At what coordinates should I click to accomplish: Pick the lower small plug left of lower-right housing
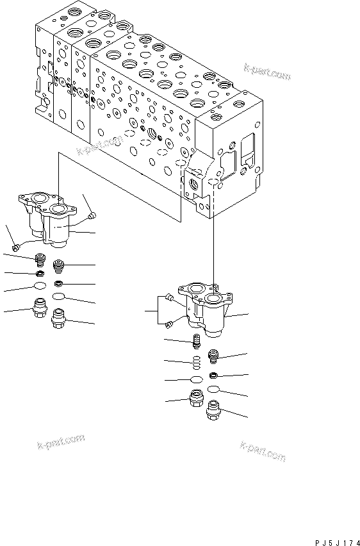tap(167, 324)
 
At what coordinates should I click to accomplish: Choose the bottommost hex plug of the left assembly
tap(60, 317)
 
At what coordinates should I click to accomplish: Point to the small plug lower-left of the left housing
tap(15, 247)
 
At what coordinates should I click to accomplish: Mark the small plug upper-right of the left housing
tap(92, 215)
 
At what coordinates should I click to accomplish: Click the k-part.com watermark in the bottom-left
tap(60, 442)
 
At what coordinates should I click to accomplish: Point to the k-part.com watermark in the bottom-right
tap(263, 451)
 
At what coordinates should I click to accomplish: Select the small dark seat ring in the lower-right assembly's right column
tap(213, 376)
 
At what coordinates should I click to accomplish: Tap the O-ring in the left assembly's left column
tap(40, 286)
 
